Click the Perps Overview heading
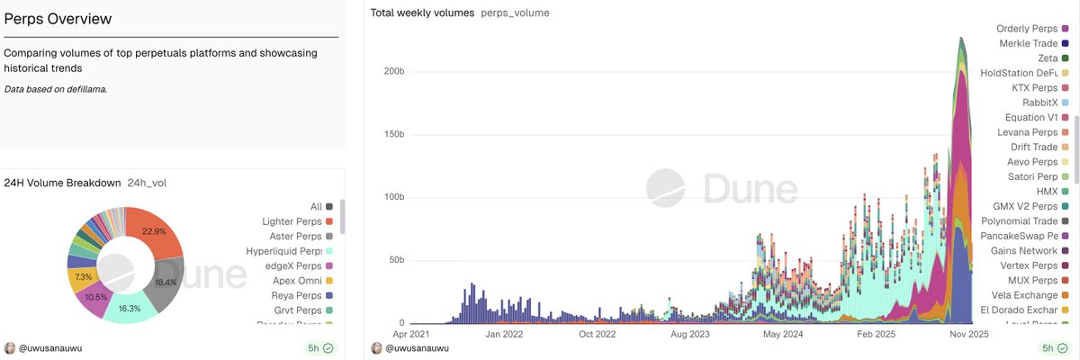click(x=59, y=19)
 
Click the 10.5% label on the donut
click(x=95, y=296)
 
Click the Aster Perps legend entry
click(x=292, y=236)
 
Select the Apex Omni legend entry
click(x=292, y=280)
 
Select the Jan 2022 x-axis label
click(x=504, y=333)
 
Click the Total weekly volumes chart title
click(x=422, y=13)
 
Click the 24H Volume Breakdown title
click(x=62, y=183)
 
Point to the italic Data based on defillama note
click(x=55, y=89)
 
